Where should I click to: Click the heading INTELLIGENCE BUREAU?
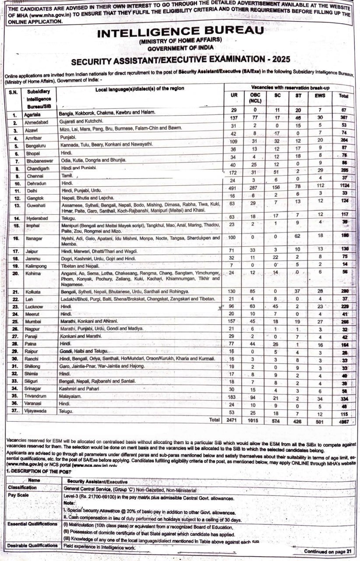pyautogui.click(x=180, y=32)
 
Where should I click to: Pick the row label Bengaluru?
pyautogui.click(x=36, y=146)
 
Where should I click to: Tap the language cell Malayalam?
pyautogui.click(x=73, y=395)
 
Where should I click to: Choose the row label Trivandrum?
pyautogui.click(x=37, y=396)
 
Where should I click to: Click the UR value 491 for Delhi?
pyautogui.click(x=234, y=191)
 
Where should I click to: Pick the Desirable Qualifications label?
pyautogui.click(x=32, y=546)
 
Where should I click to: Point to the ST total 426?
pyautogui.click(x=298, y=419)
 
